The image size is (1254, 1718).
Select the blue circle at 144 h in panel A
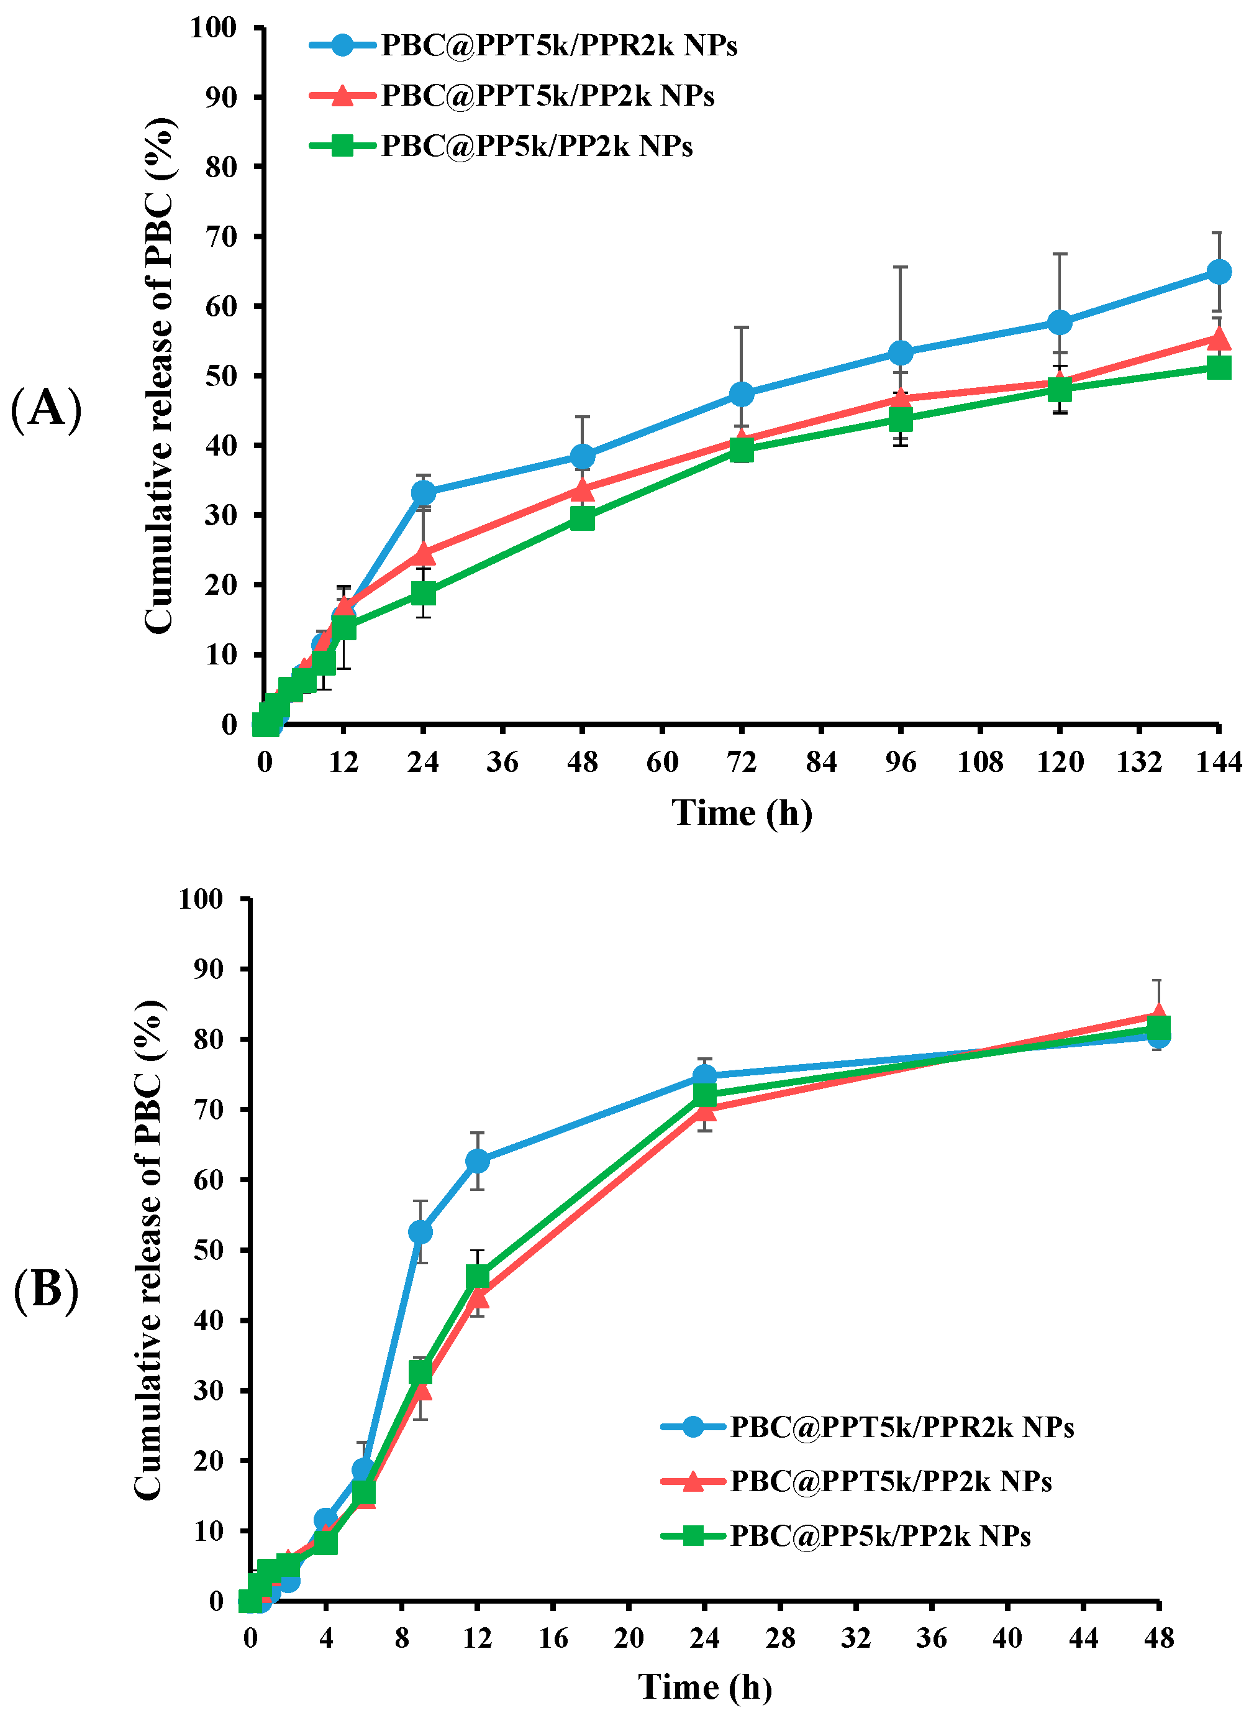tap(1219, 271)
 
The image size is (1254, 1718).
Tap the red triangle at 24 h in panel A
tap(424, 554)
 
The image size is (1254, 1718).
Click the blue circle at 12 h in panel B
tap(477, 1161)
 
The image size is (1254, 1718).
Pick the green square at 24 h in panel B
tap(704, 1095)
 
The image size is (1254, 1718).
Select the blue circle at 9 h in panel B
tap(420, 1232)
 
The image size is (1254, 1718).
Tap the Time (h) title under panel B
tap(704, 1687)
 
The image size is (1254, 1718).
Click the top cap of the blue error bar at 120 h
tap(1060, 254)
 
